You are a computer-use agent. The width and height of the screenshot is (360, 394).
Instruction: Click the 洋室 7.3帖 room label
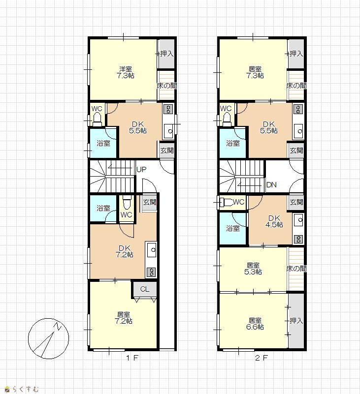point(125,72)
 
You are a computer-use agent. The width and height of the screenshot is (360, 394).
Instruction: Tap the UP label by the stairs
point(141,170)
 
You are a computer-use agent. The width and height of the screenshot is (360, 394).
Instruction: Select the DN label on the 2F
point(271,185)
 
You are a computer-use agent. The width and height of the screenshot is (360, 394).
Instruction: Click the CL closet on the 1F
point(145,289)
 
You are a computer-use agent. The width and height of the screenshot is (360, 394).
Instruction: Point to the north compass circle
point(49,338)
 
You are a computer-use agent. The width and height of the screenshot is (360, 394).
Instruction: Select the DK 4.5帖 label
point(274,221)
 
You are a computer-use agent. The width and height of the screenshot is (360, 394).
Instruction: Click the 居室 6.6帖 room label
point(255,324)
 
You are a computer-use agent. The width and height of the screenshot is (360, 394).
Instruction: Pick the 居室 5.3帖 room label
point(253,269)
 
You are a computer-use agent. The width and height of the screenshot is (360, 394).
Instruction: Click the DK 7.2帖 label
point(124,251)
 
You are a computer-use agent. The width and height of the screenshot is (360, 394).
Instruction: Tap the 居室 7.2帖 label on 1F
point(123,318)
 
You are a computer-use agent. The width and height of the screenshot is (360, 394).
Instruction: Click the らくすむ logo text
point(26,389)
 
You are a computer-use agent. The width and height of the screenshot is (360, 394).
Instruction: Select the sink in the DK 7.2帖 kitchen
point(151,249)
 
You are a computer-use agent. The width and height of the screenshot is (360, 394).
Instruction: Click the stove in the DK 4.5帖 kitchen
point(298,239)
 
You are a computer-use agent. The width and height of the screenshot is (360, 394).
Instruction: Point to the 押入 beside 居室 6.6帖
point(296,321)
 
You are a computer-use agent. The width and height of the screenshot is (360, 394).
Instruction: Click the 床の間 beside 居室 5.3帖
point(296,269)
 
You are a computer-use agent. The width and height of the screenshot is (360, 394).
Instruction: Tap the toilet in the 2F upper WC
point(227,119)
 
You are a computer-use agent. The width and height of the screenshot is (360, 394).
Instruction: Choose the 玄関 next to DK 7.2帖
point(150,202)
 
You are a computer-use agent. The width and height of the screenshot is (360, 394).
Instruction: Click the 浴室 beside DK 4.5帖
point(233,228)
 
